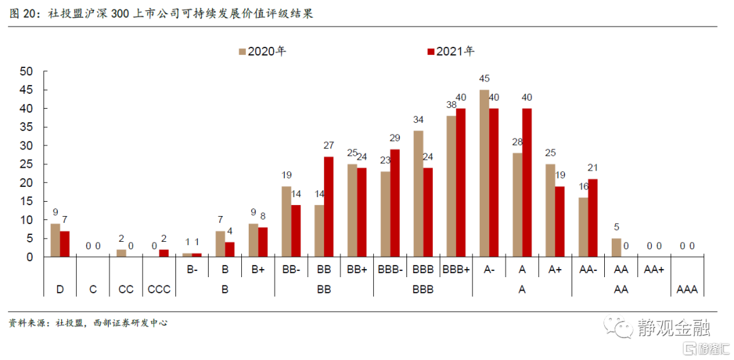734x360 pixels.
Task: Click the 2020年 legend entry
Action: (262, 52)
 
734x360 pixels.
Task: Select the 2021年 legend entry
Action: (450, 52)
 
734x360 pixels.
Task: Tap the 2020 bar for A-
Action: (484, 173)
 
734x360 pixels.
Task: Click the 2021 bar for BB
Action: (328, 206)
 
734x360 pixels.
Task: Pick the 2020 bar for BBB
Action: (418, 194)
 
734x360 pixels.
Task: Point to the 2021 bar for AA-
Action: (593, 217)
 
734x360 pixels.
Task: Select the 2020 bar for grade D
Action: (55, 240)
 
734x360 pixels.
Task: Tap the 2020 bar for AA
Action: (616, 247)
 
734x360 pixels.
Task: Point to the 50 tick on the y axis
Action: (27, 71)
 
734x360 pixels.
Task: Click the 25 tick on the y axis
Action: (27, 164)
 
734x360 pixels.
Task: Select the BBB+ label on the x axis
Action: (456, 270)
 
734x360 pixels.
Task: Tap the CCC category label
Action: (159, 290)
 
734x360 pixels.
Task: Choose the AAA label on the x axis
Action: (687, 290)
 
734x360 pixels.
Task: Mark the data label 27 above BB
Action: (329, 145)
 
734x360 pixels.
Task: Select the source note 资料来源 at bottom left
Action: (88, 323)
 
